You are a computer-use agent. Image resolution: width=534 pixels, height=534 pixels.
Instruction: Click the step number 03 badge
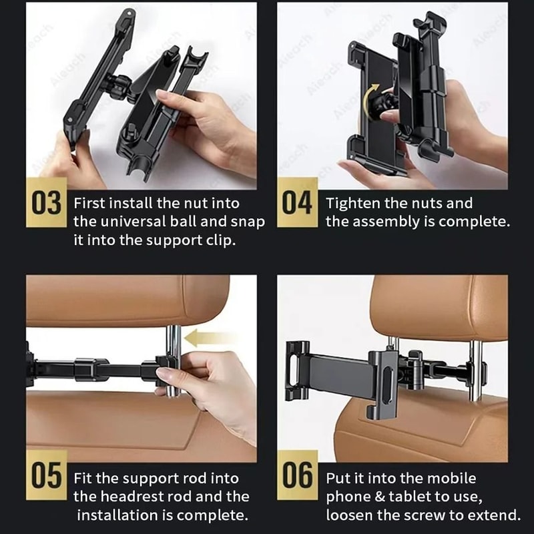click(47, 202)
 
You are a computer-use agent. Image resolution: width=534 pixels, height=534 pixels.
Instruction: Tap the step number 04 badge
click(297, 202)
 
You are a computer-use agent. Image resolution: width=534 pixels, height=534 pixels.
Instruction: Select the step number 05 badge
click(47, 475)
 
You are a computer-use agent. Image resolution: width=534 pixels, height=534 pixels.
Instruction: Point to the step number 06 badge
click(297, 475)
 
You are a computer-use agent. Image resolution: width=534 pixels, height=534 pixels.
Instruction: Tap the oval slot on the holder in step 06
click(387, 385)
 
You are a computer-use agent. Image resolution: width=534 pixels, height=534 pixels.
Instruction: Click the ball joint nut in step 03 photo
click(118, 86)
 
